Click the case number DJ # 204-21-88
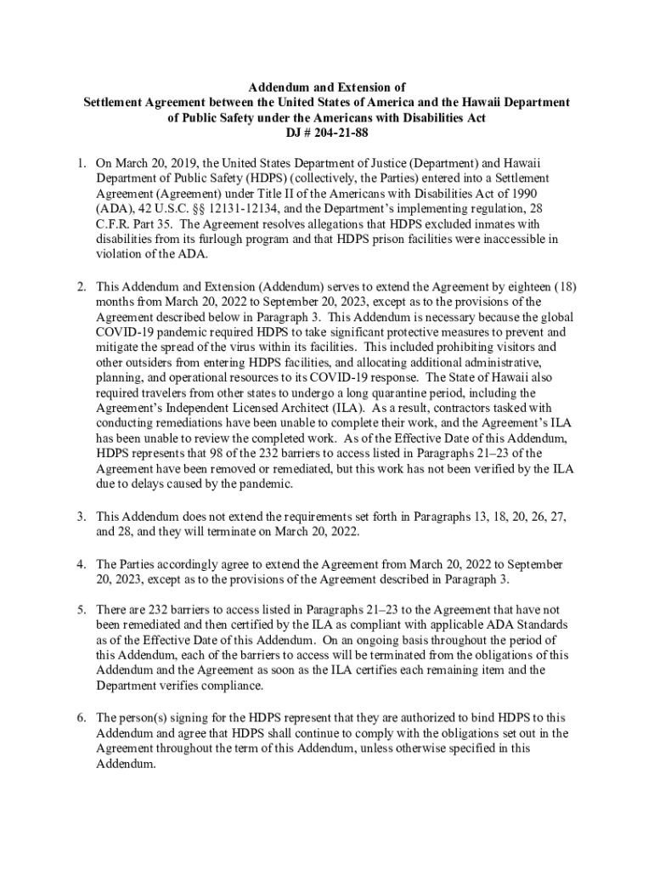tap(326, 134)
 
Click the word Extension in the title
tap(354, 87)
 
